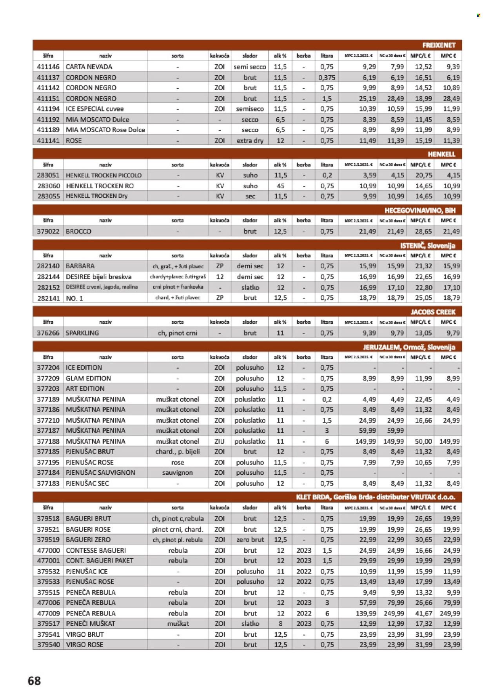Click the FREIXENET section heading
pyautogui.click(x=439, y=45)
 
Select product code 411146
pyautogui.click(x=48, y=67)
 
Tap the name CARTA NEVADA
pyautogui.click(x=89, y=67)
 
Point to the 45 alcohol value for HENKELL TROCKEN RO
pyautogui.click(x=280, y=186)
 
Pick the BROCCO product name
pyautogui.click(x=78, y=231)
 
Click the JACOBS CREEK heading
pyautogui.click(x=433, y=312)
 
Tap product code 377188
pyautogui.click(x=48, y=441)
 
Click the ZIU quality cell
pyautogui.click(x=220, y=441)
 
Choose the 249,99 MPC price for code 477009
pyautogui.click(x=449, y=613)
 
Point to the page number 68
pyautogui.click(x=34, y=681)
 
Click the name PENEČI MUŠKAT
pyautogui.click(x=91, y=623)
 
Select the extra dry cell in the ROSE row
pyautogui.click(x=250, y=140)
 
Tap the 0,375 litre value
pyautogui.click(x=327, y=78)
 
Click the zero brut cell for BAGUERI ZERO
pyautogui.click(x=250, y=540)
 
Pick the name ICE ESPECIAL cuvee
pyautogui.click(x=94, y=109)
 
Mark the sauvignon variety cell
pyautogui.click(x=178, y=473)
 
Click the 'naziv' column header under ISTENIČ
pyautogui.click(x=105, y=256)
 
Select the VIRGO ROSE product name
pyautogui.click(x=85, y=645)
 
